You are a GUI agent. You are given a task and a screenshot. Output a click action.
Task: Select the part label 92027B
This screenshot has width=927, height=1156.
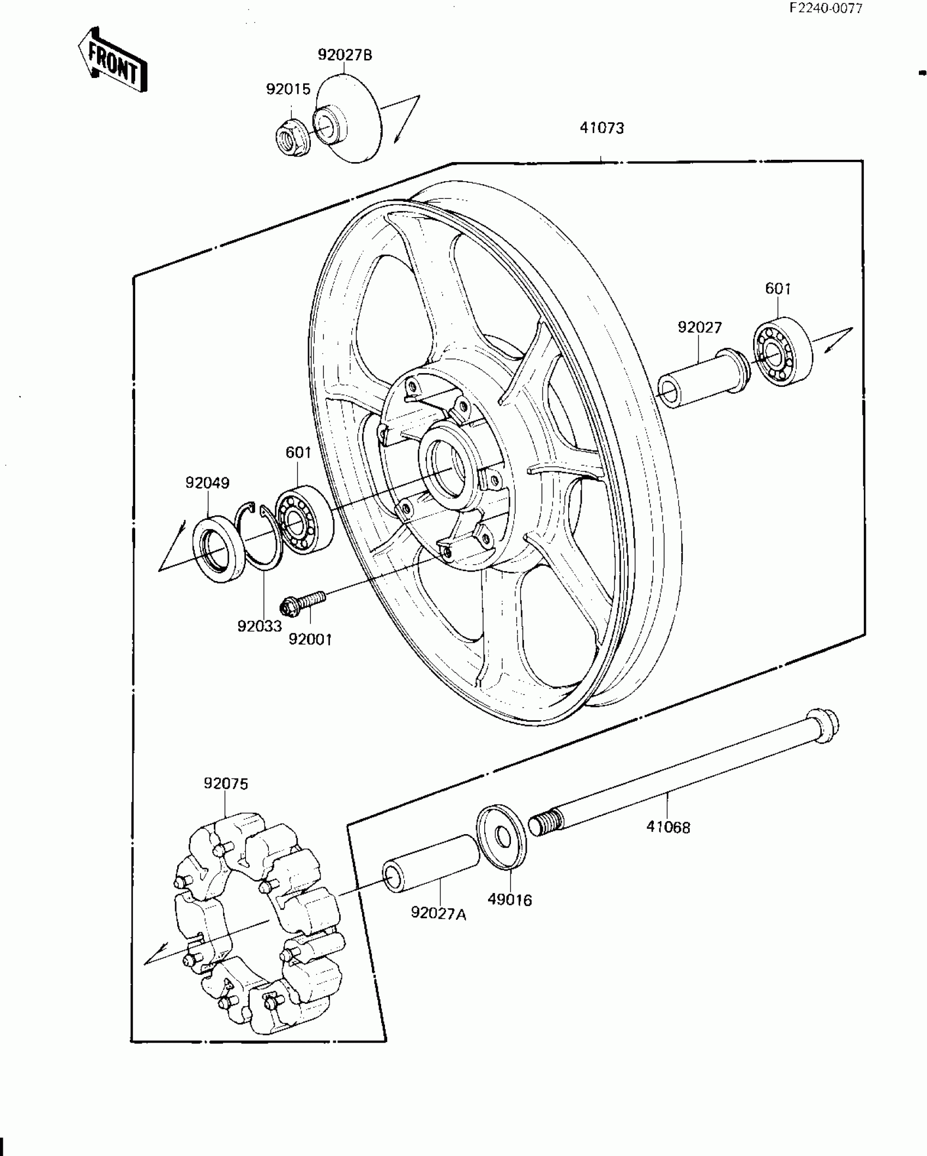pos(345,55)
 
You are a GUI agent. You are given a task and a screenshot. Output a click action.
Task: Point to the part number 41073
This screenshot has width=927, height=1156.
pos(602,128)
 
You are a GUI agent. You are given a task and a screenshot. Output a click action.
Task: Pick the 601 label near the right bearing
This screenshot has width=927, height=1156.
pos(778,289)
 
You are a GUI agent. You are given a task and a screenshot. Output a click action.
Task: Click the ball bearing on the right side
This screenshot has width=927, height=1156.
pos(782,350)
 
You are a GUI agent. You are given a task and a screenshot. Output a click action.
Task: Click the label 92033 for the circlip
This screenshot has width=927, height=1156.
pos(260,626)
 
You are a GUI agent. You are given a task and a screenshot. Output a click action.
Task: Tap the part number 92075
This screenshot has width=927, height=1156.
pos(226,784)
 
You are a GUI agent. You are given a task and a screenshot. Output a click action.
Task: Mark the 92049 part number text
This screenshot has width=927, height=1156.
pos(207,483)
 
